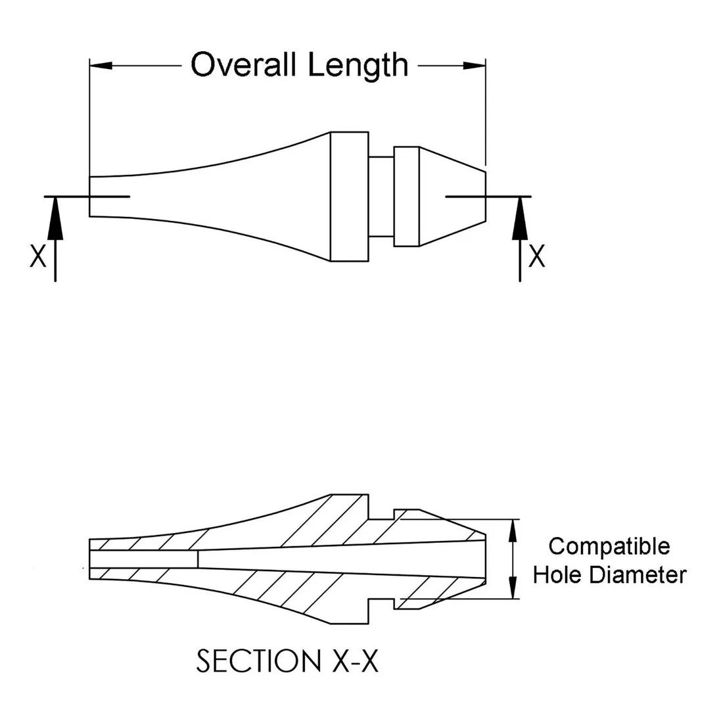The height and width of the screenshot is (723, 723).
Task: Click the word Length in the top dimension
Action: coord(358,64)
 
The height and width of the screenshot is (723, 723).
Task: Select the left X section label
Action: coord(38,256)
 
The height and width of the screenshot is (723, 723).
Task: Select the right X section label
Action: coord(537,256)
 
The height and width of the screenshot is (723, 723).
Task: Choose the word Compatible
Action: coord(609,546)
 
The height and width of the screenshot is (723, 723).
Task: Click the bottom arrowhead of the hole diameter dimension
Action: coord(513,592)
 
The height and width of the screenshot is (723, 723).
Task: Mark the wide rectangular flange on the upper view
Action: coord(349,197)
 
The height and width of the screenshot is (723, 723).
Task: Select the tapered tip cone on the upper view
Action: coord(453,197)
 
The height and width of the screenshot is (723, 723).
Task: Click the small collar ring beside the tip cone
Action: coord(406,197)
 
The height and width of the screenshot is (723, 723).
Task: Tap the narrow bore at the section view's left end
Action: coord(143,559)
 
